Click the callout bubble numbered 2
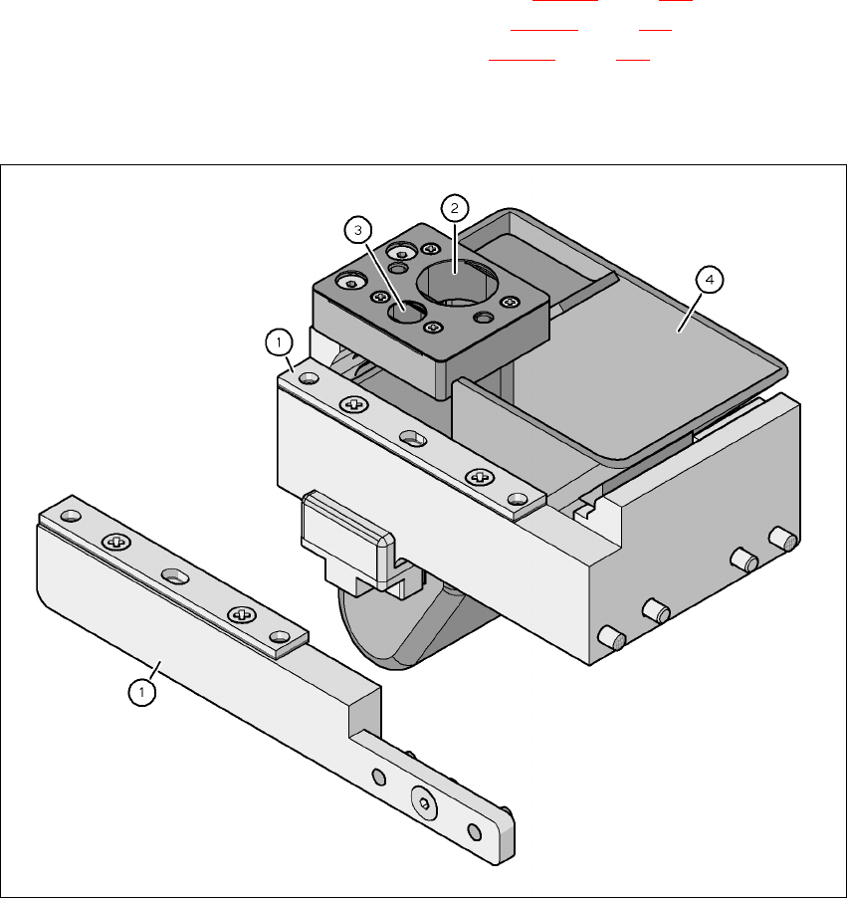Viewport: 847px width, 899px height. (455, 208)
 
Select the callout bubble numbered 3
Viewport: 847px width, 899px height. (358, 231)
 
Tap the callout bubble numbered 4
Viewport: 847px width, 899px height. (710, 280)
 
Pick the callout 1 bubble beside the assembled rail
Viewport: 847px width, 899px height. (279, 342)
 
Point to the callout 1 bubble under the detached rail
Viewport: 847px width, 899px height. (141, 693)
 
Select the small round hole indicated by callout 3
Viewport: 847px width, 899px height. (407, 312)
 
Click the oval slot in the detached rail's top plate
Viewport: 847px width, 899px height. (176, 575)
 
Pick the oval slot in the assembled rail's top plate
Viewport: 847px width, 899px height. (413, 439)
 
